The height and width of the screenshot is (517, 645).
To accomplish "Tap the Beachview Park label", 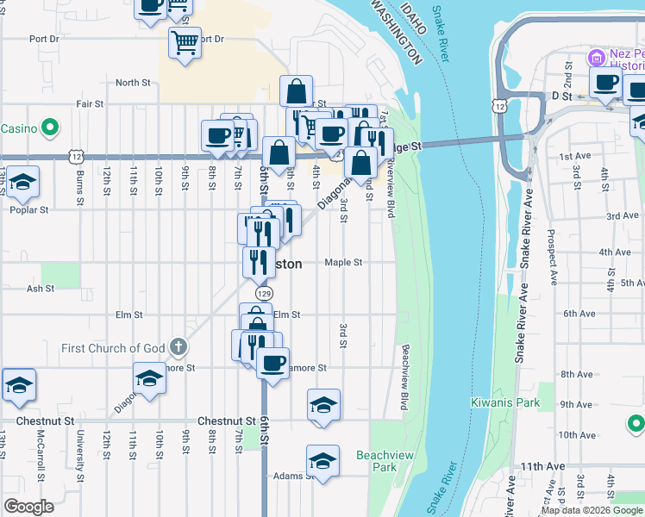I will (x=376, y=461).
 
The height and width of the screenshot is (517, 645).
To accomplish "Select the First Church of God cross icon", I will (x=178, y=348).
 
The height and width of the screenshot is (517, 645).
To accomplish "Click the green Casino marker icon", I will (x=50, y=128).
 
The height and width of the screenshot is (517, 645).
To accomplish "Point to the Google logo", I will (x=28, y=506).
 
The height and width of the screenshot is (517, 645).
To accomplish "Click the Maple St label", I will (x=343, y=263).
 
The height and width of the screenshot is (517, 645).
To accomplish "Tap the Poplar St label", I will (x=28, y=209).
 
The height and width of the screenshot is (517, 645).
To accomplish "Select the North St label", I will (x=133, y=83).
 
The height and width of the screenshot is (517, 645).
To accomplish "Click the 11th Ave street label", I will (x=542, y=466).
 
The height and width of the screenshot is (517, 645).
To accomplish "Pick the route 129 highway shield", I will (x=264, y=293).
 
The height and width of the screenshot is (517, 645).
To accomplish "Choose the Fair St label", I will (x=90, y=103).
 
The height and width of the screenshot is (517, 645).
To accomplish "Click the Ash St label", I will (x=41, y=290).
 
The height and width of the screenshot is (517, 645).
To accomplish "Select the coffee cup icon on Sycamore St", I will (x=272, y=361).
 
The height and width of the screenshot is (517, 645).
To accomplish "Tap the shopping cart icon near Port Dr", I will (x=185, y=40).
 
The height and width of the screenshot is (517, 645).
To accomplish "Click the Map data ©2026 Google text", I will (x=592, y=510).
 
